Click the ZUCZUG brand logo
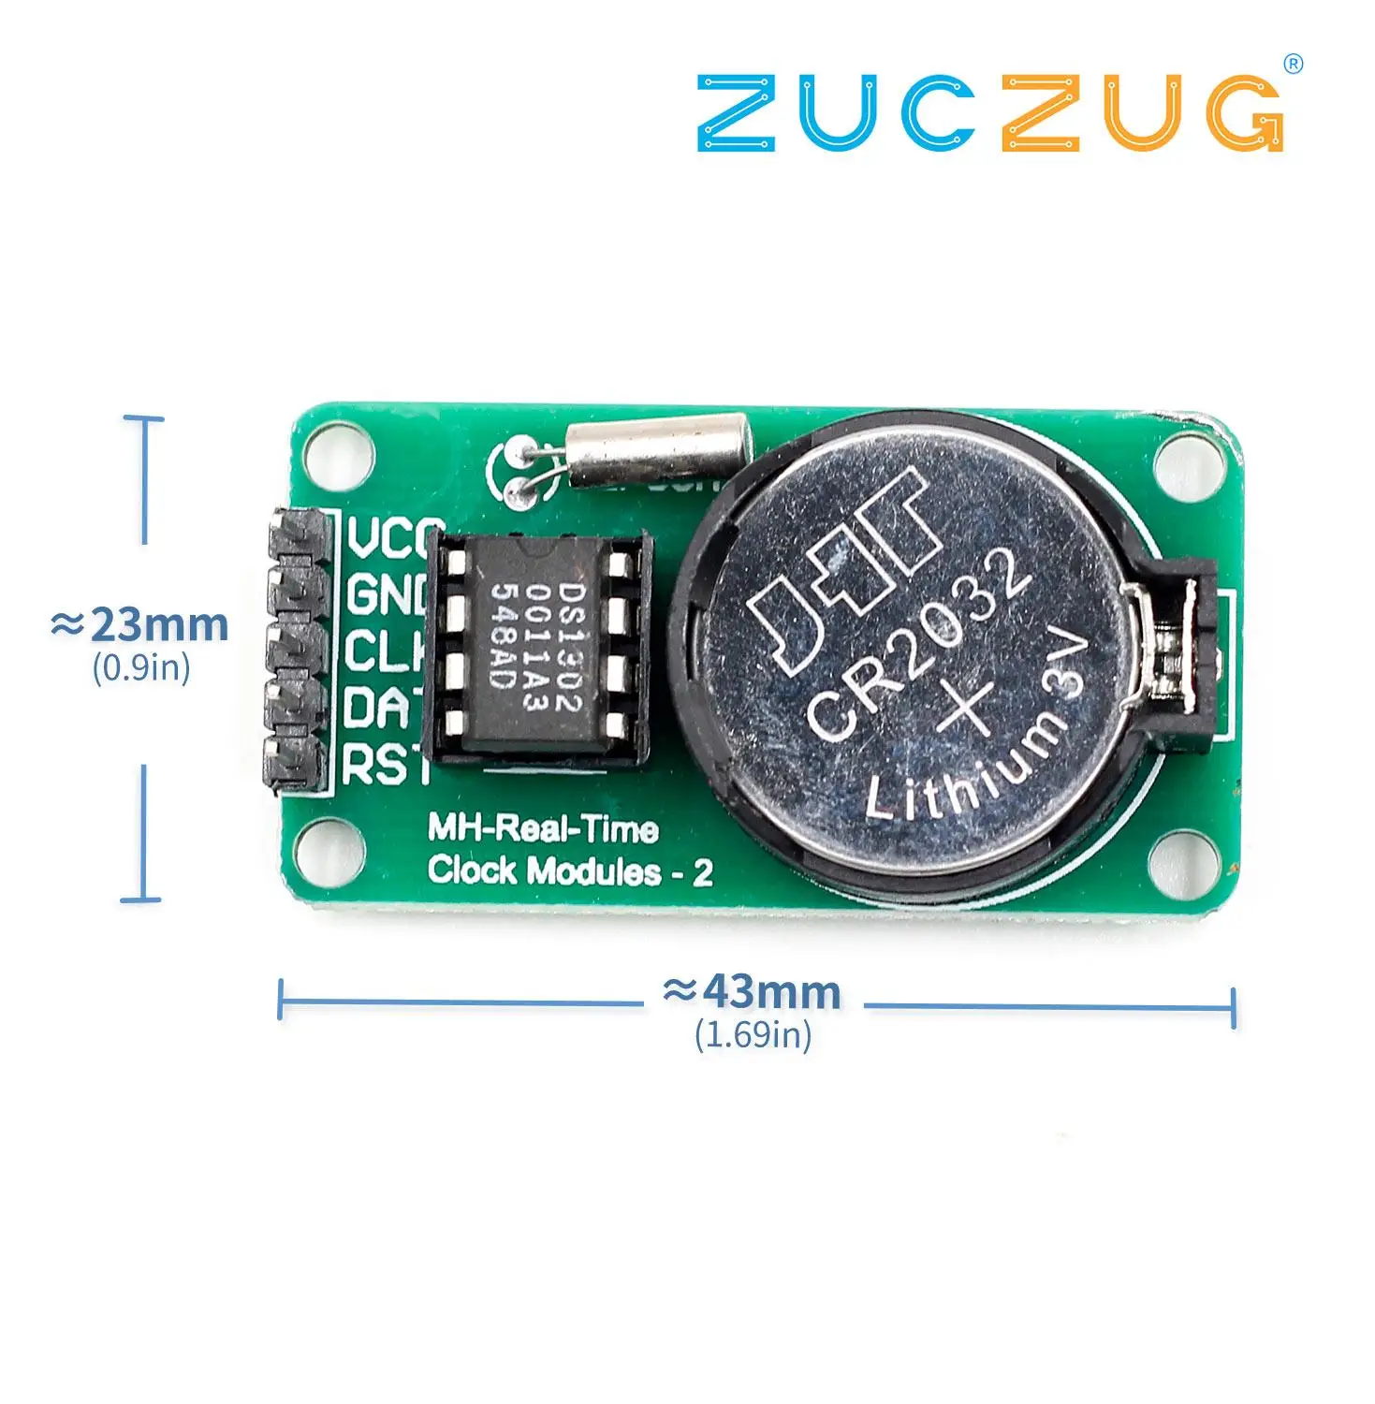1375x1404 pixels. (x=990, y=114)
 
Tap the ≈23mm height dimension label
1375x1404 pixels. (x=140, y=625)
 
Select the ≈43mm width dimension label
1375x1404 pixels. (x=753, y=991)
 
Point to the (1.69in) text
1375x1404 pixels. (x=753, y=1035)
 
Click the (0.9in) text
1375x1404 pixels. (x=141, y=667)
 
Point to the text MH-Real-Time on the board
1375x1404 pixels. (x=543, y=829)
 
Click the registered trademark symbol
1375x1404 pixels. (x=1294, y=64)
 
